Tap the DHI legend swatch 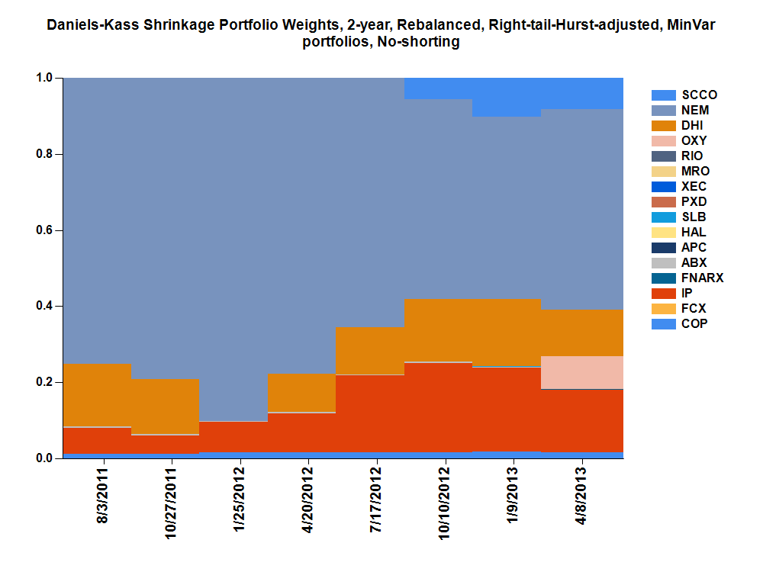664,126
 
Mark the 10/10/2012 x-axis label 445,504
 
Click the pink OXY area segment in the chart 582,372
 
